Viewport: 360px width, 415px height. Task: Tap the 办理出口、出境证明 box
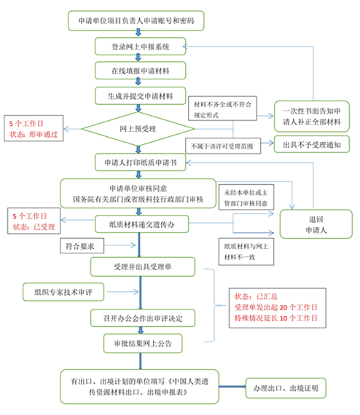click(286, 387)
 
